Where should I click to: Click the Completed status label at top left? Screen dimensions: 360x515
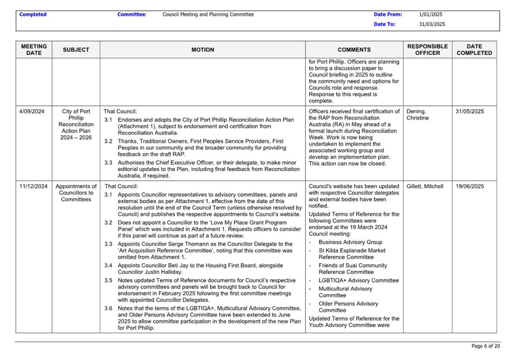(x=33, y=15)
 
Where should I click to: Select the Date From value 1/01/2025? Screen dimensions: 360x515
(x=431, y=15)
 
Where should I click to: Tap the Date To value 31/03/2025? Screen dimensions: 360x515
(x=432, y=24)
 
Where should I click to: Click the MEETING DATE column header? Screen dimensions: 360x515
(x=34, y=50)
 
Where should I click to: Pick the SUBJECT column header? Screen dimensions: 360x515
(x=76, y=50)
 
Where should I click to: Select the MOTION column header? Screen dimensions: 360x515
(x=203, y=50)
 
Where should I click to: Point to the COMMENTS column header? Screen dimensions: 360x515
(x=354, y=50)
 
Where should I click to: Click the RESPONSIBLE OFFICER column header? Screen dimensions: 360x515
(x=427, y=50)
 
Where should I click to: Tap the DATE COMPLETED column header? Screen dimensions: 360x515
(x=474, y=50)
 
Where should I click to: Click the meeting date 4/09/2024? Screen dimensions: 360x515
(x=32, y=111)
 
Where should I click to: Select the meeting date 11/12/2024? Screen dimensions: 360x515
(x=33, y=186)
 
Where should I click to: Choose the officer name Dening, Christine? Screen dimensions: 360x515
(x=418, y=115)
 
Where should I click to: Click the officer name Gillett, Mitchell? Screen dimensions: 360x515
(x=425, y=186)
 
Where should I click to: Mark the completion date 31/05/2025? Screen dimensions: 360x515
(x=470, y=111)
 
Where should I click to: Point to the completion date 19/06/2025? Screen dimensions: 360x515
(x=470, y=186)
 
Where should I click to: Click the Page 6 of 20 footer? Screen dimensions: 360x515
(x=486, y=346)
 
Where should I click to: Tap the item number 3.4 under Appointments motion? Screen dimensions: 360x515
(x=109, y=266)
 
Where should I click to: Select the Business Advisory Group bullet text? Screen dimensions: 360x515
(x=350, y=242)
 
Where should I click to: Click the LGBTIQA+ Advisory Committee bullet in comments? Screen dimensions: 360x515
(x=359, y=280)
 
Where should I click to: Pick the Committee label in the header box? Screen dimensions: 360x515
(x=132, y=15)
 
